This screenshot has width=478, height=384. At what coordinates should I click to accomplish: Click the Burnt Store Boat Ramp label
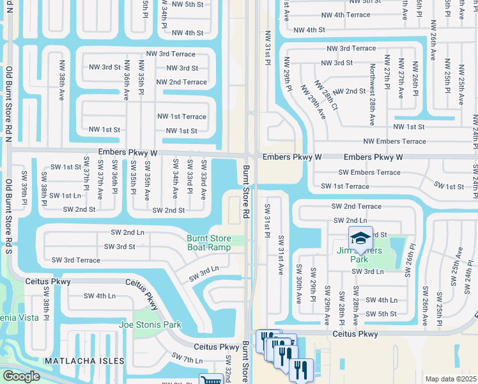pos(208,243)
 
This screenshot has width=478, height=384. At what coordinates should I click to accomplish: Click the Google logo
pos(21,376)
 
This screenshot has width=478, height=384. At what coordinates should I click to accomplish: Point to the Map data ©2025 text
pos(451,379)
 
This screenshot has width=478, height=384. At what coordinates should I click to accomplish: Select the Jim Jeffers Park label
pos(359,255)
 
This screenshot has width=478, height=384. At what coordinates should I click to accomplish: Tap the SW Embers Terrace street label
pos(369,172)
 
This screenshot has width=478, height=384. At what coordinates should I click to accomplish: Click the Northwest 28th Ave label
pos(371,94)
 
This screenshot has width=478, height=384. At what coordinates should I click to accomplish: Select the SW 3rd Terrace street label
pos(76,260)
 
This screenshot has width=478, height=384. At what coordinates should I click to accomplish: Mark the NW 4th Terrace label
pos(346,15)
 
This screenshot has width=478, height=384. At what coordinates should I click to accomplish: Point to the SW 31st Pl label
pos(268,220)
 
